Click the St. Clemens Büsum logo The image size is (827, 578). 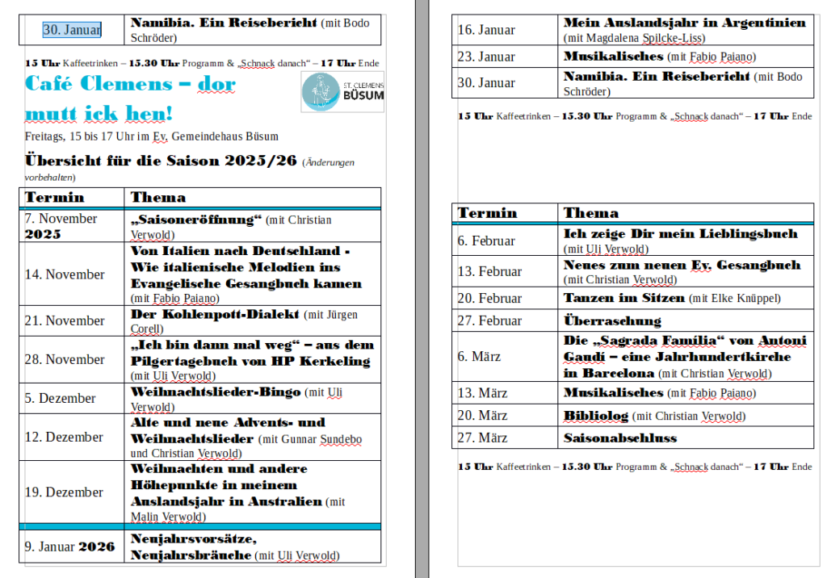pyautogui.click(x=343, y=91)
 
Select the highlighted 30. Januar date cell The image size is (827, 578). pyautogui.click(x=72, y=30)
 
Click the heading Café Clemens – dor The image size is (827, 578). pyautogui.click(x=130, y=83)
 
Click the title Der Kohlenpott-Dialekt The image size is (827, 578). pyautogui.click(x=215, y=314)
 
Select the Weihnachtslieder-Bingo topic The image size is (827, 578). pyautogui.click(x=215, y=392)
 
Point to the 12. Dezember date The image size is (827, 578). pyautogui.click(x=64, y=437)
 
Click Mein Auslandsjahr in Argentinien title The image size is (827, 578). pyautogui.click(x=684, y=23)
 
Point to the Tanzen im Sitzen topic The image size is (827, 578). pyautogui.click(x=624, y=298)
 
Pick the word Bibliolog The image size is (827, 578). pyautogui.click(x=595, y=416)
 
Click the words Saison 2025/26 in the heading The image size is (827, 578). pyautogui.click(x=238, y=160)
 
